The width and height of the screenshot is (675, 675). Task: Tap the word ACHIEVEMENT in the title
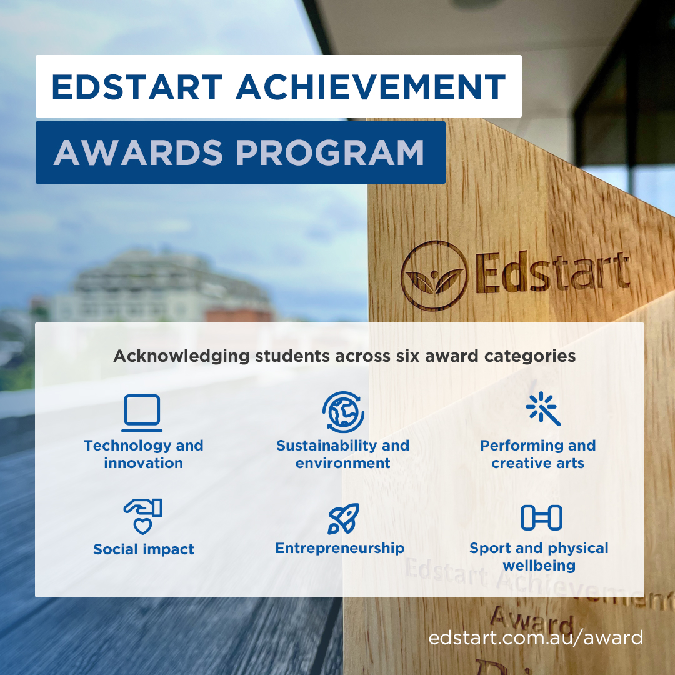371,87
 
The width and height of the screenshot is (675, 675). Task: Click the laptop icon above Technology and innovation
142,413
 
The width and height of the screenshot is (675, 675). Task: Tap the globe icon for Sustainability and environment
343,412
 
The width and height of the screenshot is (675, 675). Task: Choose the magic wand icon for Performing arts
542,410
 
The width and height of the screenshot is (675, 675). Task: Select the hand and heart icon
143,516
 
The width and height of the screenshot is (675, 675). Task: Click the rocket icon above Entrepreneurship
344,518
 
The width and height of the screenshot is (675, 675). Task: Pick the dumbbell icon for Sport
541,517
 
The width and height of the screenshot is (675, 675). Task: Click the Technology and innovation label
144,454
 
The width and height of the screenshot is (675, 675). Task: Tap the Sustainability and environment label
342,454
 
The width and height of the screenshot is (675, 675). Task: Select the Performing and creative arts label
538,454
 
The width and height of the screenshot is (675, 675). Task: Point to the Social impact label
144,549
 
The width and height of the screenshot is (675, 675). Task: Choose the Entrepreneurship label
340,548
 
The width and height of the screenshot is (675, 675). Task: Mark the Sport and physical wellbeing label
539,557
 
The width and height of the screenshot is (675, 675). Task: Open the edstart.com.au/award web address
536,638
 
